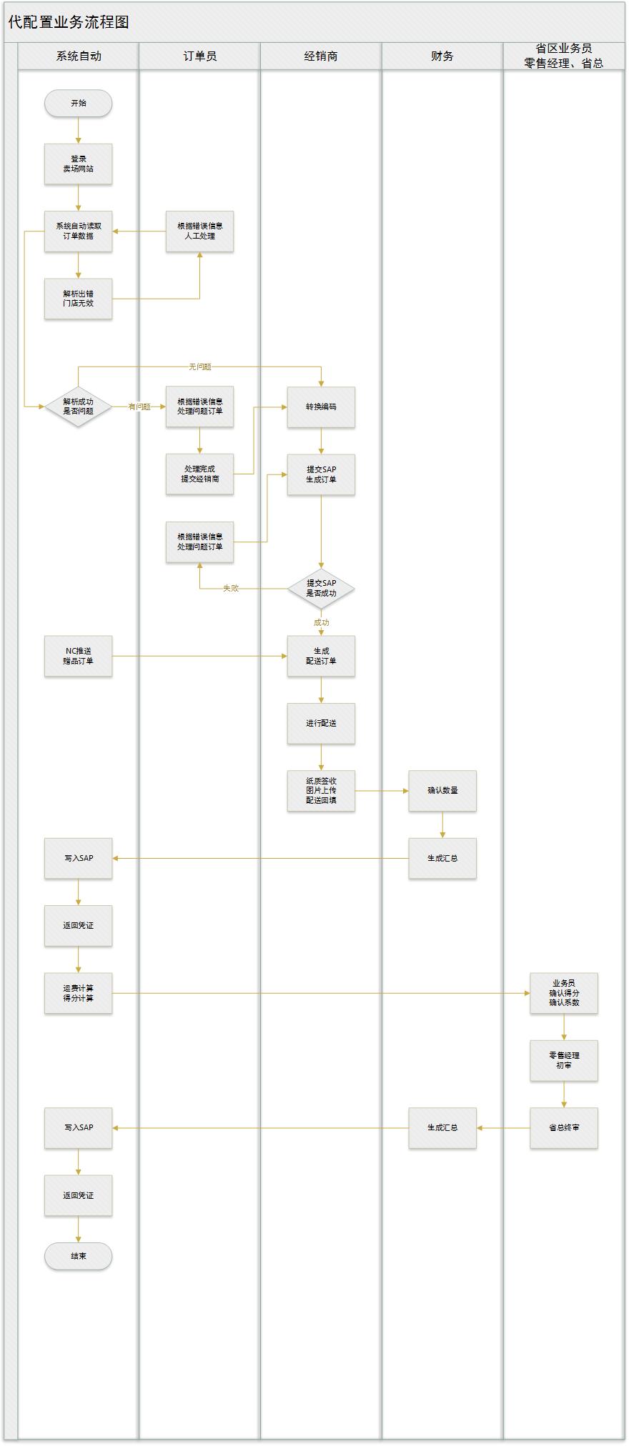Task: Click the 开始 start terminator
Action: [78, 104]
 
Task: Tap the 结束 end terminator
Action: [78, 1256]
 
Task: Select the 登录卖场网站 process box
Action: [78, 164]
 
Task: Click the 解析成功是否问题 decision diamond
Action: [78, 407]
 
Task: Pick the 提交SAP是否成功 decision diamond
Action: [321, 589]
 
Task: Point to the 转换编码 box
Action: [321, 407]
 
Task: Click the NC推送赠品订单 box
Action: [78, 656]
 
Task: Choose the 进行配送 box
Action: [321, 724]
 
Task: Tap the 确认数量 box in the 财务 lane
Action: [442, 791]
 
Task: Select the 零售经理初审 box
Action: [564, 1060]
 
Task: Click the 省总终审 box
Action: [564, 1128]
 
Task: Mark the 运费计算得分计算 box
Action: [78, 993]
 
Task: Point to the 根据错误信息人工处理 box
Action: [199, 231]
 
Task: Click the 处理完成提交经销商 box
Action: [199, 474]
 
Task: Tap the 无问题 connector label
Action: [200, 367]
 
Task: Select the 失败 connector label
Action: [230, 589]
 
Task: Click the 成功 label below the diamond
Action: [321, 623]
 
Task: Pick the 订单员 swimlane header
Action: [199, 56]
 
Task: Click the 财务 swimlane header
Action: [442, 56]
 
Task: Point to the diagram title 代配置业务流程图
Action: [69, 22]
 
